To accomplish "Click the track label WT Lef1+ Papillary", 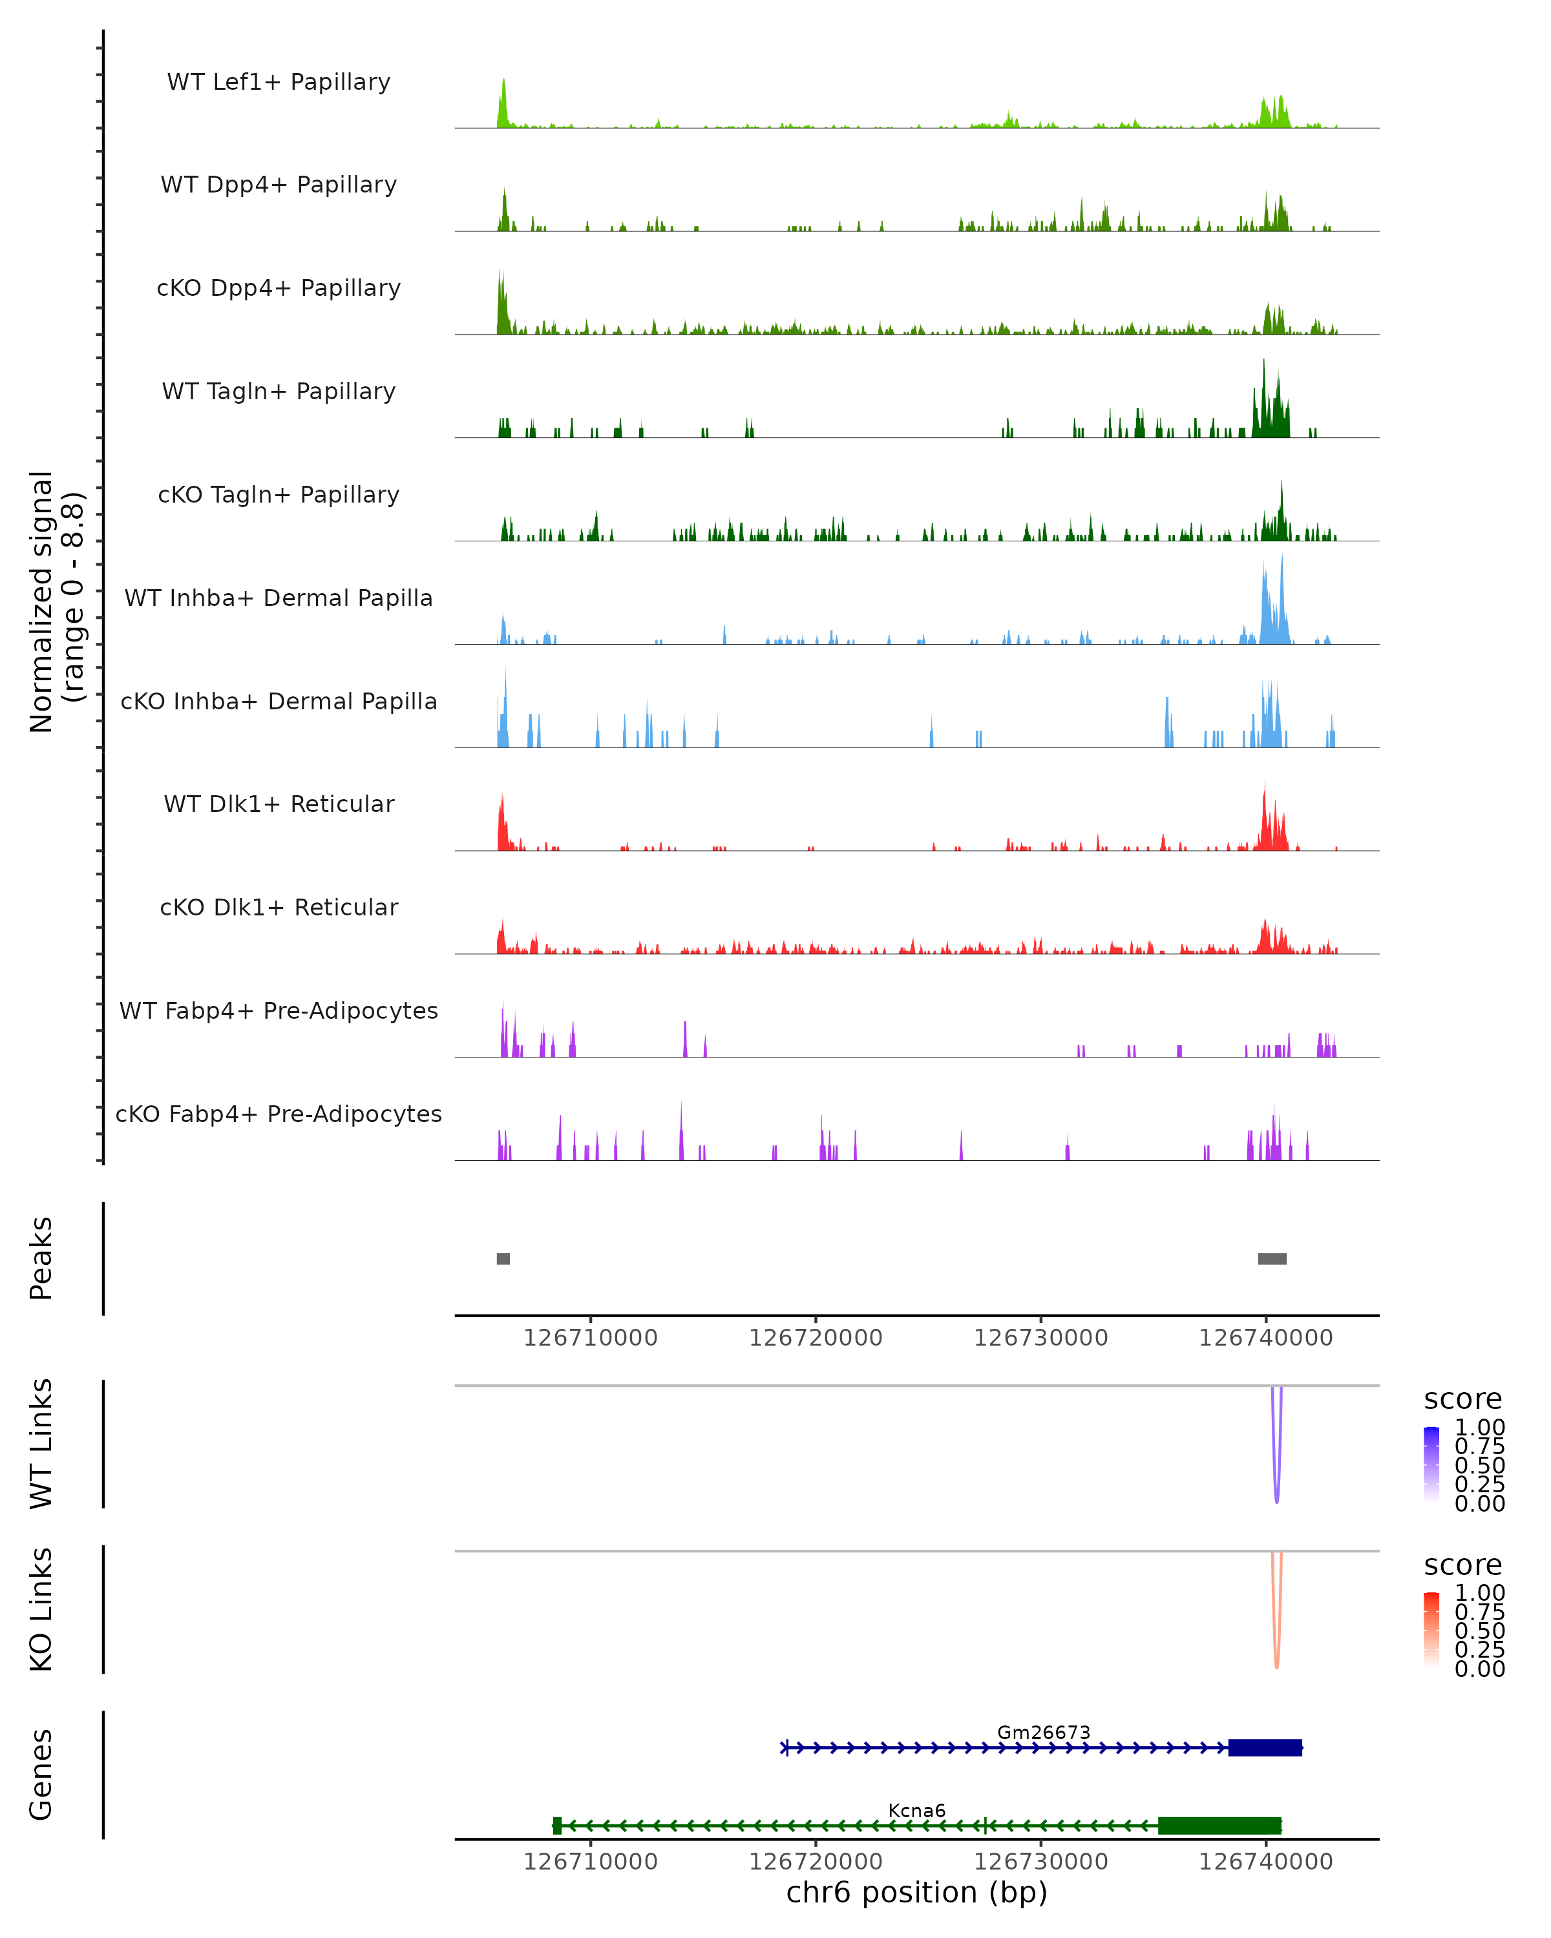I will [279, 82].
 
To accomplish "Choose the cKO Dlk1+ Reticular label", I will [279, 907].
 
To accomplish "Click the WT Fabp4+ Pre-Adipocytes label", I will [279, 1010].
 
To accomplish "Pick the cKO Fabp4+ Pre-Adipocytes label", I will [279, 1114].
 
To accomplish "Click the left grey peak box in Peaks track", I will [503, 1258].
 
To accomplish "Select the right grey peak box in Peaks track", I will [1272, 1258].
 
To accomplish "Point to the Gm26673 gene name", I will [1043, 1732].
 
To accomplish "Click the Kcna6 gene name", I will [916, 1810].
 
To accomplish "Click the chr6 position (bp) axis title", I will [916, 1892].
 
